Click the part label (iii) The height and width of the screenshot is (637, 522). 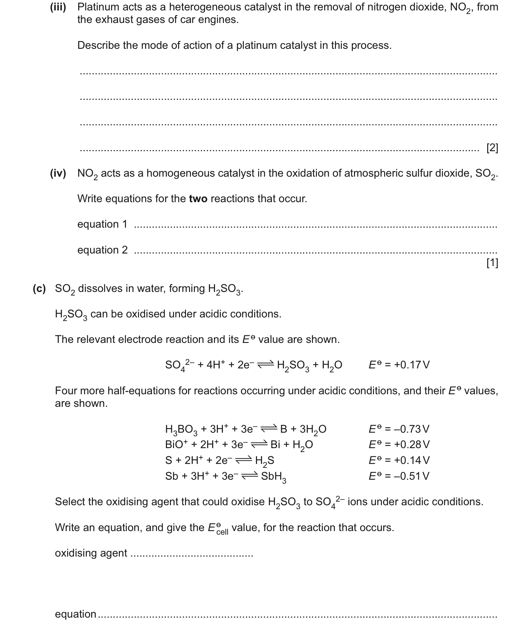click(x=58, y=7)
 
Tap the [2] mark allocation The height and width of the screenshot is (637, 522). click(x=492, y=148)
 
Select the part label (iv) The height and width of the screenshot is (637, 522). click(x=58, y=173)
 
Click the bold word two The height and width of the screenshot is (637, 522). click(x=198, y=199)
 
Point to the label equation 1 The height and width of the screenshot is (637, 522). click(x=102, y=224)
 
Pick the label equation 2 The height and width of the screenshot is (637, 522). click(x=102, y=250)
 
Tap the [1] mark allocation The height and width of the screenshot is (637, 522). click(x=492, y=263)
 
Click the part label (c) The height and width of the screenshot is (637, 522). click(x=39, y=289)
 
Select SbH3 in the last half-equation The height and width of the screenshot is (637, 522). click(x=274, y=477)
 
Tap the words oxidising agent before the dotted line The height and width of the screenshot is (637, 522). click(x=91, y=553)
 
